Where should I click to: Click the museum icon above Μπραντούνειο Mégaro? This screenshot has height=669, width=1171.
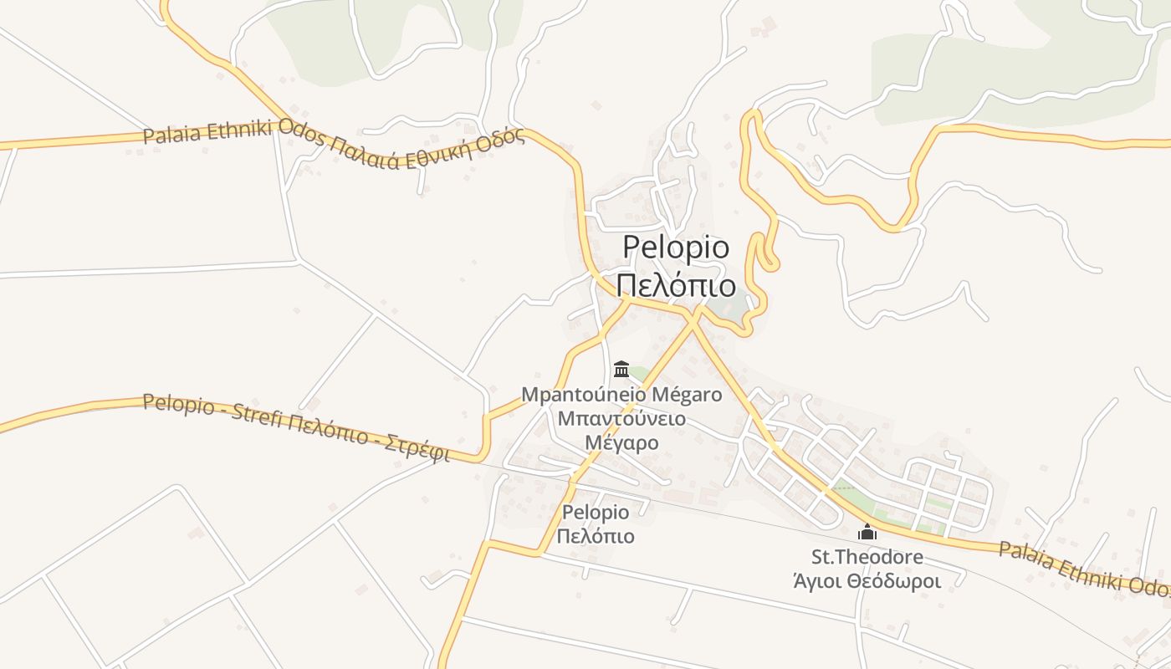point(621,368)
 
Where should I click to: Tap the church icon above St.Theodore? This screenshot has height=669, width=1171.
point(867,532)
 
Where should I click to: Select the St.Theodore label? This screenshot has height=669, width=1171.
point(867,557)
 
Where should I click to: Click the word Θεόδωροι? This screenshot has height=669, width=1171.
point(897,581)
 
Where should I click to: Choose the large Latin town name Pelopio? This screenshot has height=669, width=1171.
point(676,248)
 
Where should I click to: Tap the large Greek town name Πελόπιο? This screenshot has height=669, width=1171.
point(676,285)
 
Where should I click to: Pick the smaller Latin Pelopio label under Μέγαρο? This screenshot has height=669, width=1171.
point(596,512)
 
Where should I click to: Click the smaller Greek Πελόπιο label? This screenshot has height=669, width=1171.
point(596,536)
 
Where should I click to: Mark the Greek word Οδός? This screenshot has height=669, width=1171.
point(504,138)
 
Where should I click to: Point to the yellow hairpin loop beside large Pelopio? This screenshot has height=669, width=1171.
point(764,251)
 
